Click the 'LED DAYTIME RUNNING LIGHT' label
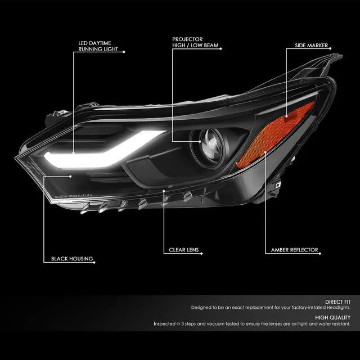tap(98, 45)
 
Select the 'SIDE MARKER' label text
tap(310, 45)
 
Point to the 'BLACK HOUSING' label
tap(71, 259)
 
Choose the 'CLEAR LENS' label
tap(183, 250)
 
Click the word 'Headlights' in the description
tap(336, 308)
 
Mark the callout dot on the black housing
tap(71, 176)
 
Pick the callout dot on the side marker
tap(286, 116)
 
